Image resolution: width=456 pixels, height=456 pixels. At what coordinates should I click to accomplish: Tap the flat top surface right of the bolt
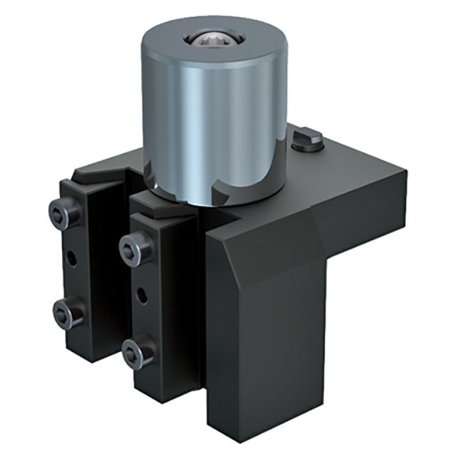pyautogui.click(x=356, y=160)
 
